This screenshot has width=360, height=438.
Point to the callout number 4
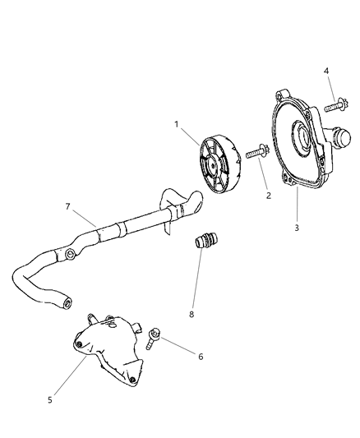click(x=327, y=71)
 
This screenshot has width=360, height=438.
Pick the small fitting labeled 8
click(x=204, y=244)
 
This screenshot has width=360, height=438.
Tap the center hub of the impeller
click(x=219, y=168)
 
